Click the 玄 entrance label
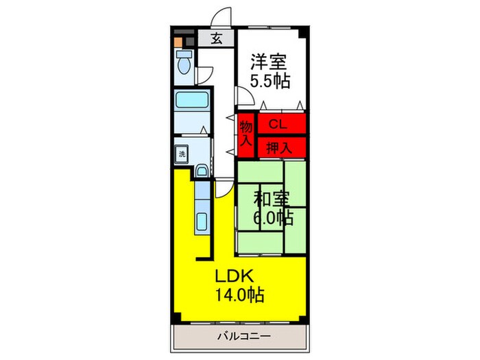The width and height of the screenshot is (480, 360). tap(216, 38)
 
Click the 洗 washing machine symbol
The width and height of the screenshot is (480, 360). tap(182, 154)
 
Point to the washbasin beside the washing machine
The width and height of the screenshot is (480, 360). tap(202, 171)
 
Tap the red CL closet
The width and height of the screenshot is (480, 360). tap(277, 124)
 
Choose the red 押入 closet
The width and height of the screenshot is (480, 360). tap(277, 145)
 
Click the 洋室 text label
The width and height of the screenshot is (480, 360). tap(267, 61)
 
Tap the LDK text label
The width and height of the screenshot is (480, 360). tap(235, 276)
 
